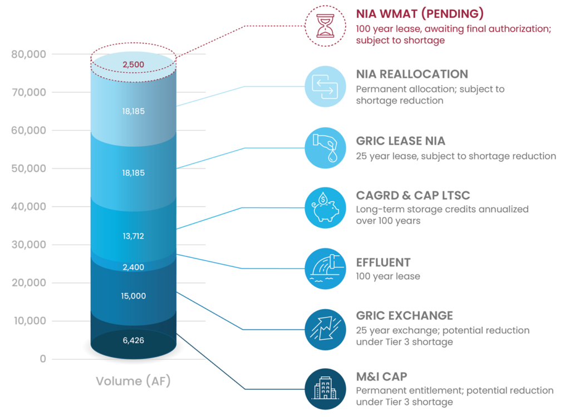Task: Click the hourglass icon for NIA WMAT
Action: tap(325, 26)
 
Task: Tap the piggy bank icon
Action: tap(325, 208)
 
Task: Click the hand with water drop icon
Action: tap(325, 148)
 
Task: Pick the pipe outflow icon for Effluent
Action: tap(325, 269)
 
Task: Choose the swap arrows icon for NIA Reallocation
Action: tap(325, 86)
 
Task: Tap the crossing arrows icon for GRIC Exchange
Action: tap(325, 330)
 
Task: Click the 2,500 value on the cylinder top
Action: tap(134, 64)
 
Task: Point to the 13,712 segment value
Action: tap(134, 236)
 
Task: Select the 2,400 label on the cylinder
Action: tap(134, 267)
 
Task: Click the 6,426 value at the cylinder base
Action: tap(134, 340)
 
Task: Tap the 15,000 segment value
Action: tap(134, 296)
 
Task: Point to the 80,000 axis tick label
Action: tap(29, 54)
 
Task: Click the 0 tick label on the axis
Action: tap(43, 359)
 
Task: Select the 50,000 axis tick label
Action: tap(29, 168)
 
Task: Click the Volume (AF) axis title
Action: tap(133, 381)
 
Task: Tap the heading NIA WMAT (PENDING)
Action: tap(420, 14)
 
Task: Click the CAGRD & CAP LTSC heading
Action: tap(413, 195)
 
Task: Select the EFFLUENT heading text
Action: tap(383, 262)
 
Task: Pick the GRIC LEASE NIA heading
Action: tap(401, 141)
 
